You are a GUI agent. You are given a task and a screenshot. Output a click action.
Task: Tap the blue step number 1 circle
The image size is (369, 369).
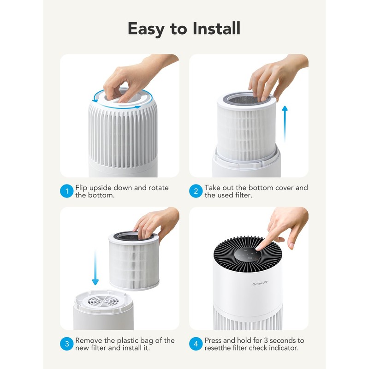[67, 191]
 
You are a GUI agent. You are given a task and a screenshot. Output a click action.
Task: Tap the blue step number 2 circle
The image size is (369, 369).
[196, 191]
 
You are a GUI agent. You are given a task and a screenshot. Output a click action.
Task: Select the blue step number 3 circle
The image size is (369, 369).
[67, 344]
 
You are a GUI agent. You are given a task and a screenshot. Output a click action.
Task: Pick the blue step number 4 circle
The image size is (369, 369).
[196, 344]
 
